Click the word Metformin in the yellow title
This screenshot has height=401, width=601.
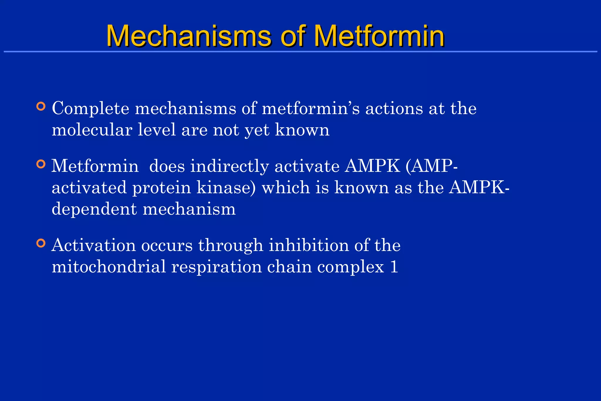pyautogui.click(x=379, y=36)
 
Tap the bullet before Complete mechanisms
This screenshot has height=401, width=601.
pyautogui.click(x=41, y=106)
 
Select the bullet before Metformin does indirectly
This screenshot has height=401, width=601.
pyautogui.click(x=41, y=164)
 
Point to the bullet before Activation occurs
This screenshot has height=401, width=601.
pyautogui.click(x=41, y=243)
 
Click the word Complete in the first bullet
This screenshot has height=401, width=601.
pyautogui.click(x=90, y=109)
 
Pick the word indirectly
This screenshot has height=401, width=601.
pyautogui.click(x=229, y=167)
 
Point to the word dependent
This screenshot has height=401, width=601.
pyautogui.click(x=94, y=210)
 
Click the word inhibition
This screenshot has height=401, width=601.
pyautogui.click(x=309, y=245)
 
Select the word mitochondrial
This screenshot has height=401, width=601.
pyautogui.click(x=109, y=267)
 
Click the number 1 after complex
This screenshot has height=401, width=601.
pyautogui.click(x=394, y=267)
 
